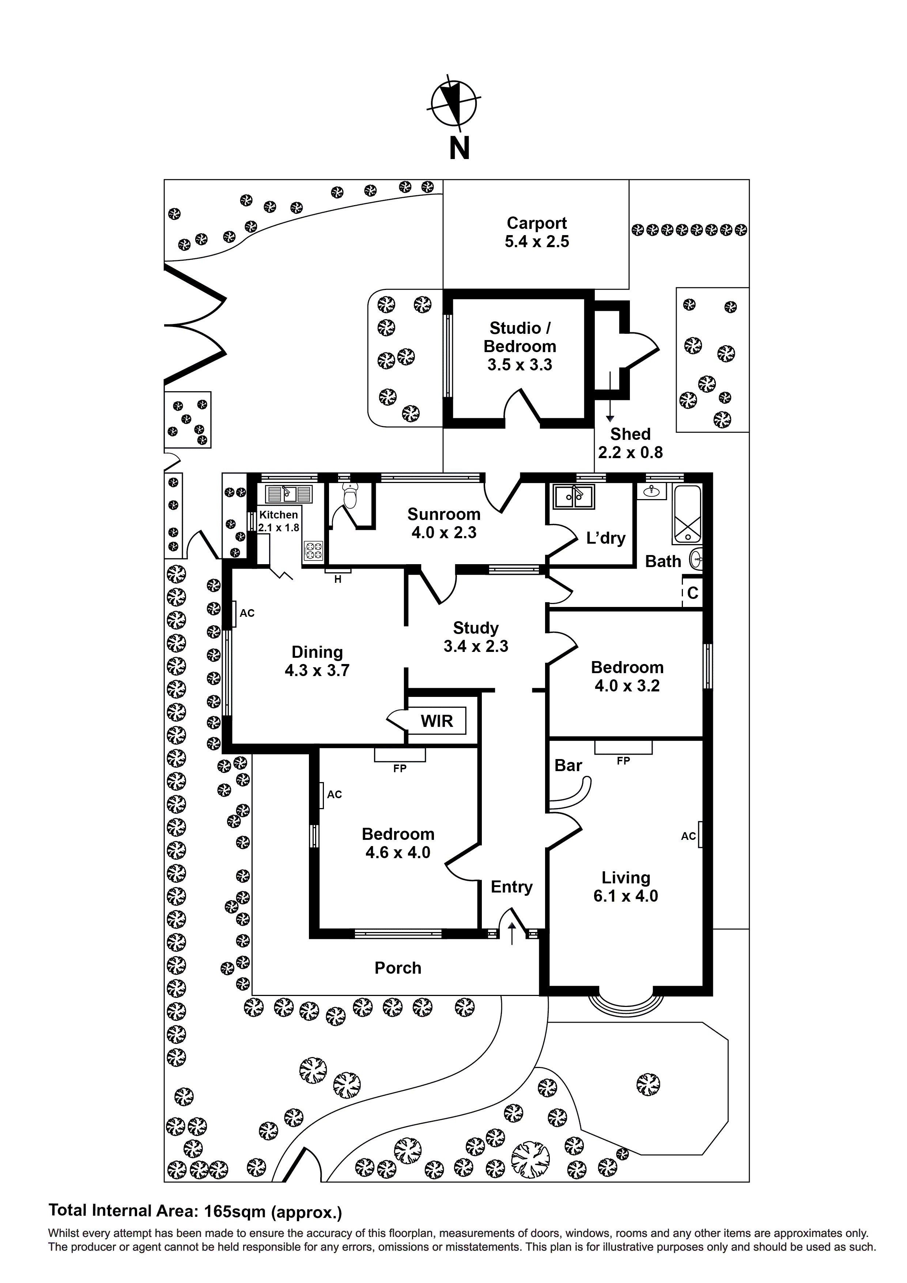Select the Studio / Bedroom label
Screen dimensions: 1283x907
520,337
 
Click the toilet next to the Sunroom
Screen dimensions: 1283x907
350,496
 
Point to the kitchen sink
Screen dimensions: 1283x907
288,495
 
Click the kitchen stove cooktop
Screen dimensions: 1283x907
313,551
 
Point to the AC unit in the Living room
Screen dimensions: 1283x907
700,835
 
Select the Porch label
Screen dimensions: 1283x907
398,968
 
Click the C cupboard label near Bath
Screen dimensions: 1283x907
692,593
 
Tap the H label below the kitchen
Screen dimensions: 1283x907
337,580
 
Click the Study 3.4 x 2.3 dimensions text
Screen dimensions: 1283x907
476,646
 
